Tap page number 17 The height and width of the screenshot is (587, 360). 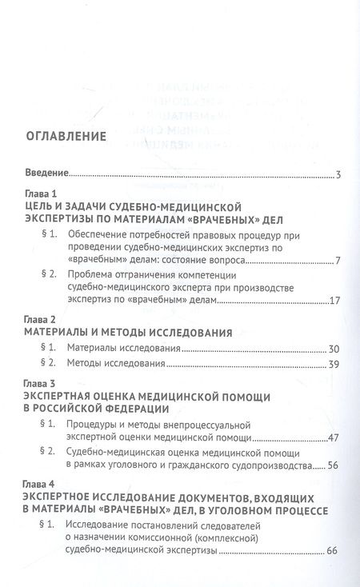click(x=336, y=301)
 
